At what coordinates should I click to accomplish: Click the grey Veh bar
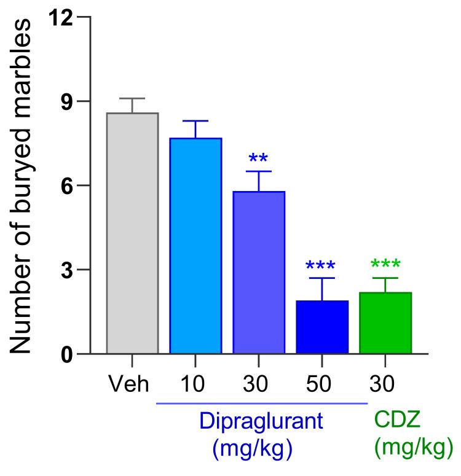pyautogui.click(x=132, y=233)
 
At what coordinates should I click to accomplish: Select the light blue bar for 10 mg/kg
pyautogui.click(x=195, y=246)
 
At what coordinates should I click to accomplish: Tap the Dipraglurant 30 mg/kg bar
pyautogui.click(x=259, y=273)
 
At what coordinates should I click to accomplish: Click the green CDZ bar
pyautogui.click(x=385, y=323)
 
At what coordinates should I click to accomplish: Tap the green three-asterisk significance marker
pyautogui.click(x=385, y=266)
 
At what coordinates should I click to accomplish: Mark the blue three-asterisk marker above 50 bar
pyautogui.click(x=322, y=267)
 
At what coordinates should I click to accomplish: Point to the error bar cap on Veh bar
pyautogui.click(x=132, y=98)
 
